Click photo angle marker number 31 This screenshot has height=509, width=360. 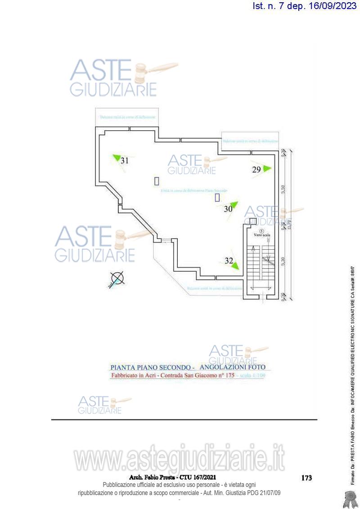point(117,158)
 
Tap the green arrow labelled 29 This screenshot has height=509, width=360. point(266,168)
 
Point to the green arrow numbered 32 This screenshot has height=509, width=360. point(234,266)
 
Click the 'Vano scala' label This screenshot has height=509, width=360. point(261,234)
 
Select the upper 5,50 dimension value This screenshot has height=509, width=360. point(283,189)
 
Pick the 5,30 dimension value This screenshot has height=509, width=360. point(283,261)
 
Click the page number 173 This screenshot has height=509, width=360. point(306,478)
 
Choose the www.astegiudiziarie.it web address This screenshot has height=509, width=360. point(180,460)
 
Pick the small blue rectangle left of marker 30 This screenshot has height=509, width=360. point(217,197)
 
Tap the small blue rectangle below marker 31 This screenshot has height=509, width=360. point(157,181)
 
